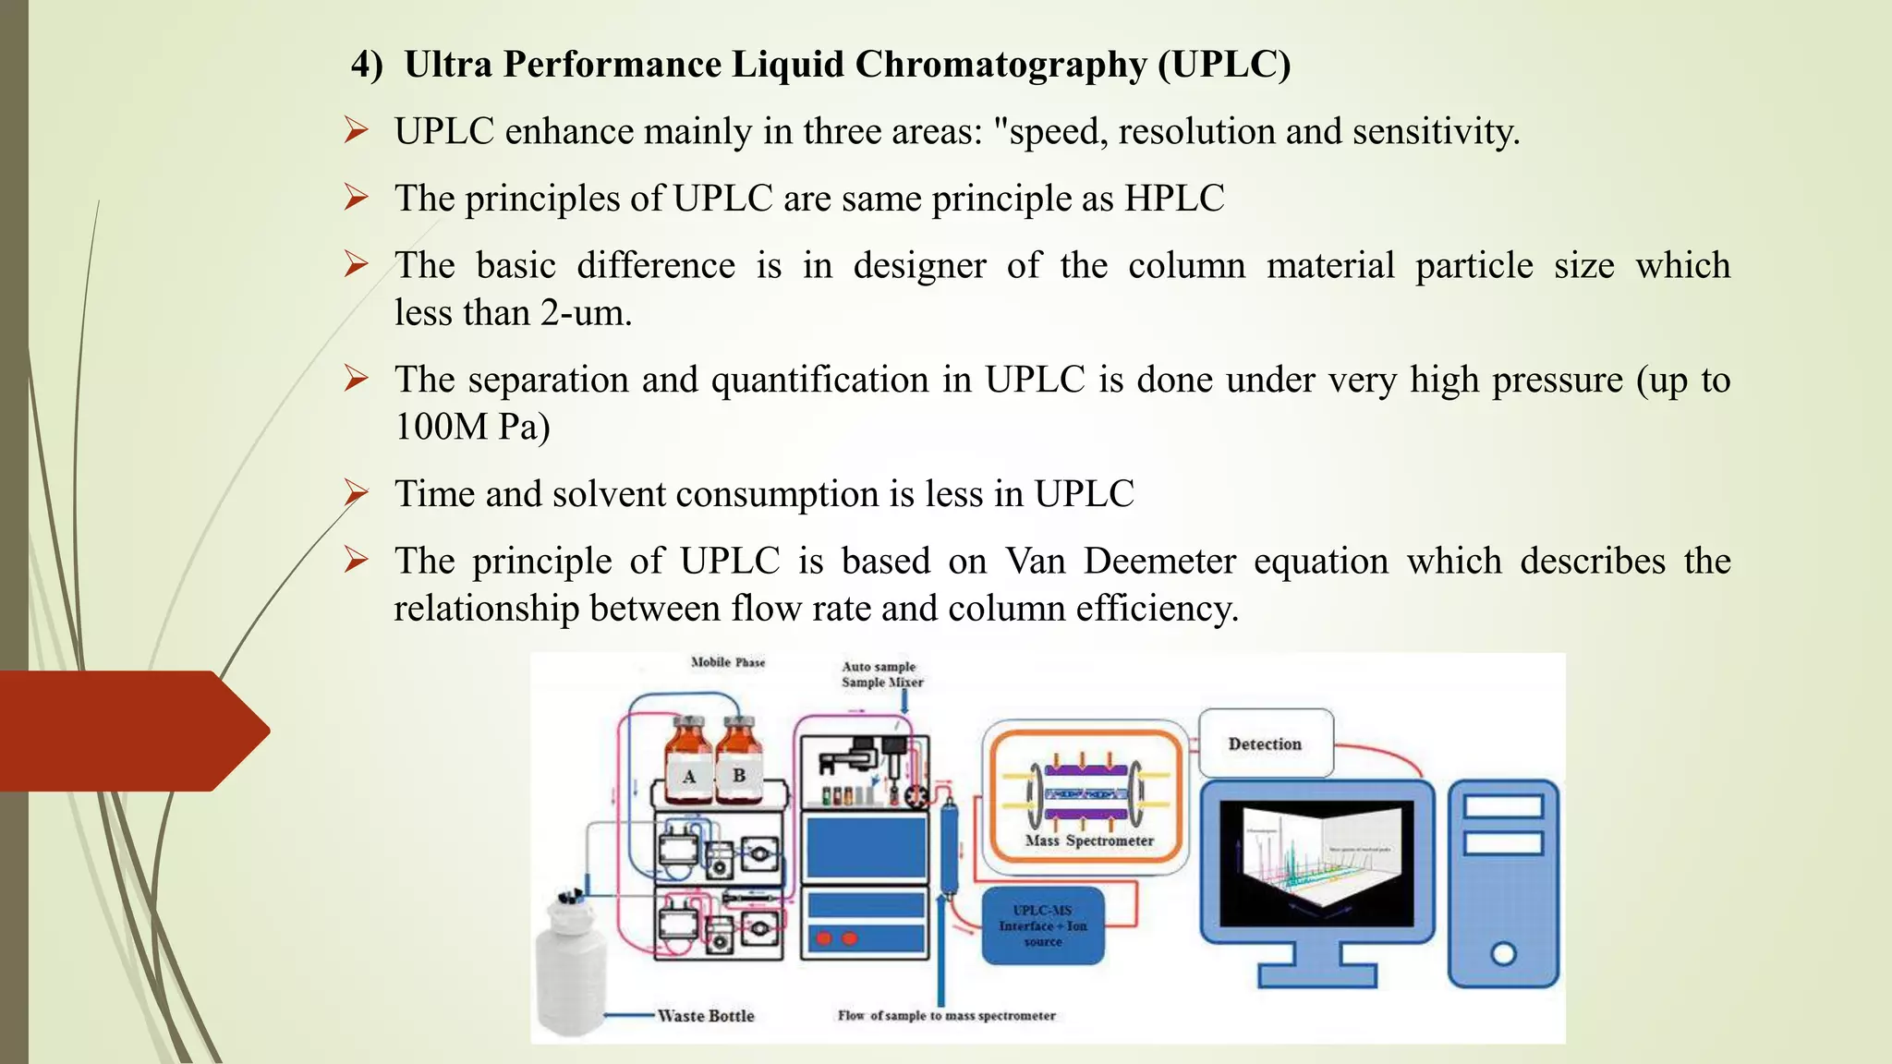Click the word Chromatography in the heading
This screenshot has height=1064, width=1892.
click(x=1001, y=65)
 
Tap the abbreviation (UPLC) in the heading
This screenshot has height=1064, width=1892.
click(x=1224, y=65)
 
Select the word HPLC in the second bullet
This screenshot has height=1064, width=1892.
click(x=1174, y=199)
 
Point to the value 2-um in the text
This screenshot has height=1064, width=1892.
click(x=586, y=313)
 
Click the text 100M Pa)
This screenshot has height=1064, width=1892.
click(x=472, y=427)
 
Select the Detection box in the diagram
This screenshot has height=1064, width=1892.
click(x=1265, y=744)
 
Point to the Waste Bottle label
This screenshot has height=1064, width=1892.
click(x=706, y=1016)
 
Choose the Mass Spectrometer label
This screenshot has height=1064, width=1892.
click(x=1089, y=840)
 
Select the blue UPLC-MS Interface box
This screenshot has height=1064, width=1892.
click(x=1043, y=925)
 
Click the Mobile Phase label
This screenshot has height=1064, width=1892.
click(x=728, y=662)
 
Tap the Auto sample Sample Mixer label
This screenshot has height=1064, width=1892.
click(x=881, y=674)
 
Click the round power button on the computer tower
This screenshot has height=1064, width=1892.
click(x=1503, y=953)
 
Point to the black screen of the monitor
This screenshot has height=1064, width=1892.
click(x=1316, y=864)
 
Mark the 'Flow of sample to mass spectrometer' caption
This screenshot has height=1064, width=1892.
click(x=946, y=1016)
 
